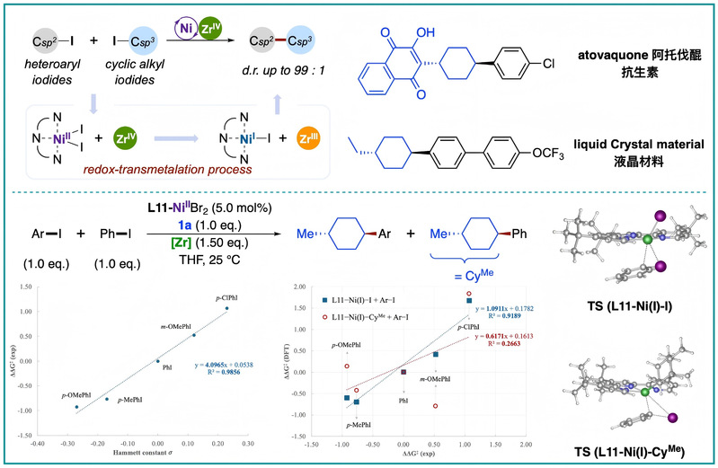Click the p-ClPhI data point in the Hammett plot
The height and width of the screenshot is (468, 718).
pyautogui.click(x=226, y=308)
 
